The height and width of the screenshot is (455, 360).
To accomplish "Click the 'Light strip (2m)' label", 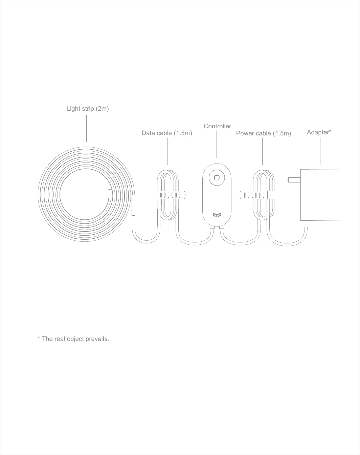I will [x=87, y=109].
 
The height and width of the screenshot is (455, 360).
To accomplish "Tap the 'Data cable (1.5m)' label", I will [x=167, y=133].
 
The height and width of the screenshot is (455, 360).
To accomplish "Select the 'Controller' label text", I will [x=217, y=126].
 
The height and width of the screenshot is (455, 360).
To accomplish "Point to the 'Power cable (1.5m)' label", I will [x=263, y=133].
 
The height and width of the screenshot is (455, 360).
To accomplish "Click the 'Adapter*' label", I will [x=319, y=132].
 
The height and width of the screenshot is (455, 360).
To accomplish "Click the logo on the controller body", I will [x=217, y=215].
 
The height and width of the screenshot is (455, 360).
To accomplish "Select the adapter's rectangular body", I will [x=320, y=195].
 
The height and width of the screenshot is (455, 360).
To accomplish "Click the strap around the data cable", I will [x=171, y=195].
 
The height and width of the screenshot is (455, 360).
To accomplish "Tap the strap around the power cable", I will [x=257, y=195].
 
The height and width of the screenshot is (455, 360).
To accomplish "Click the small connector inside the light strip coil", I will [x=109, y=193].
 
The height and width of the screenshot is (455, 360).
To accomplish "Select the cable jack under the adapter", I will [x=306, y=224].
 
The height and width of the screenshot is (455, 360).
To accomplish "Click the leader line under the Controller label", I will [x=217, y=145].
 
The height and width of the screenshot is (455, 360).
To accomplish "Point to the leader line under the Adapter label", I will [x=320, y=151].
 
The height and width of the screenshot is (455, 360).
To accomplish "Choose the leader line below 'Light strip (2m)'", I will [x=87, y=128].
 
